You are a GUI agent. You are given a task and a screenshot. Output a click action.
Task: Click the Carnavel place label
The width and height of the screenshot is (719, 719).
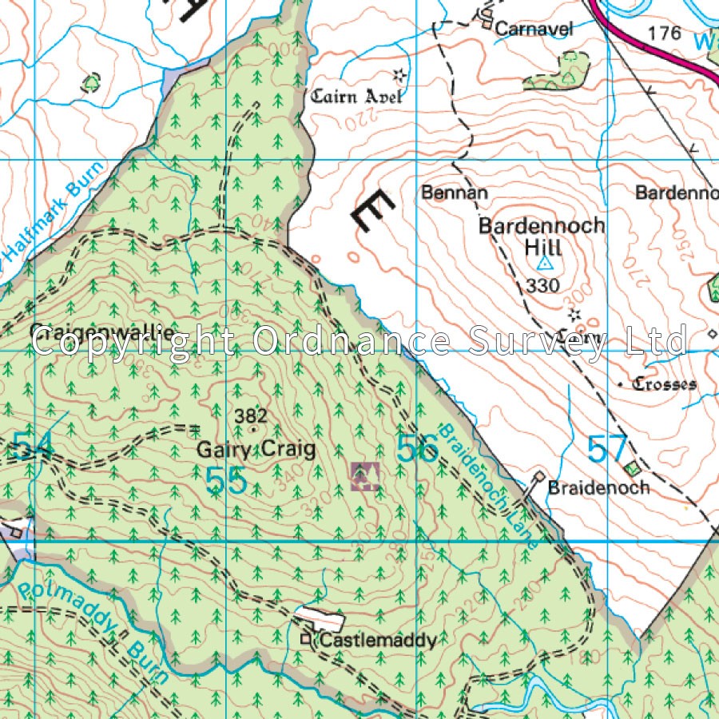(534, 29)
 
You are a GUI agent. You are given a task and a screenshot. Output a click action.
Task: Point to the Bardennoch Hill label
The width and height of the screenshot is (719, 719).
(542, 236)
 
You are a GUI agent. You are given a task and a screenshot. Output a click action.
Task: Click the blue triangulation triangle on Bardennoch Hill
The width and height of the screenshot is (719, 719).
(545, 263)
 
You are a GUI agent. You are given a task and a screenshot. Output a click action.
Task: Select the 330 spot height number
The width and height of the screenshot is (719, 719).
(543, 285)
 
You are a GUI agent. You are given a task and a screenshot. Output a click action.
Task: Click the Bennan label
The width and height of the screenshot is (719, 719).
(455, 193)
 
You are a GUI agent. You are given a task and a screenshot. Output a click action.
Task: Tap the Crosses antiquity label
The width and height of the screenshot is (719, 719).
(664, 384)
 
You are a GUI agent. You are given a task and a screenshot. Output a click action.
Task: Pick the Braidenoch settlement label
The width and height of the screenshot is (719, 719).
(598, 487)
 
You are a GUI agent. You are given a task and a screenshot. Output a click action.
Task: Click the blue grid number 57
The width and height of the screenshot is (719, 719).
(607, 450)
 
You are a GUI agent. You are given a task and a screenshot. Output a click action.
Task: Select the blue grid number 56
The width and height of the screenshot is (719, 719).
(418, 450)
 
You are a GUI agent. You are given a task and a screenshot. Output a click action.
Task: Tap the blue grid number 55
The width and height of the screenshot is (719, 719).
(225, 481)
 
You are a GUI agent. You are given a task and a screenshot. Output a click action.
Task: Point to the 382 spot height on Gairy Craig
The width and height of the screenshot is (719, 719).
(251, 415)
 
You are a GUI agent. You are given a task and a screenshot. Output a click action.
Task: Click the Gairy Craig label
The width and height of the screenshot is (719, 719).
(256, 450)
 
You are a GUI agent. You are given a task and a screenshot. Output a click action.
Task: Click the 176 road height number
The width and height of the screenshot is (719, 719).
(665, 33)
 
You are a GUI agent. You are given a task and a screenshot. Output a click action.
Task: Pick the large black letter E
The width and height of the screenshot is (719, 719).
(371, 212)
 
